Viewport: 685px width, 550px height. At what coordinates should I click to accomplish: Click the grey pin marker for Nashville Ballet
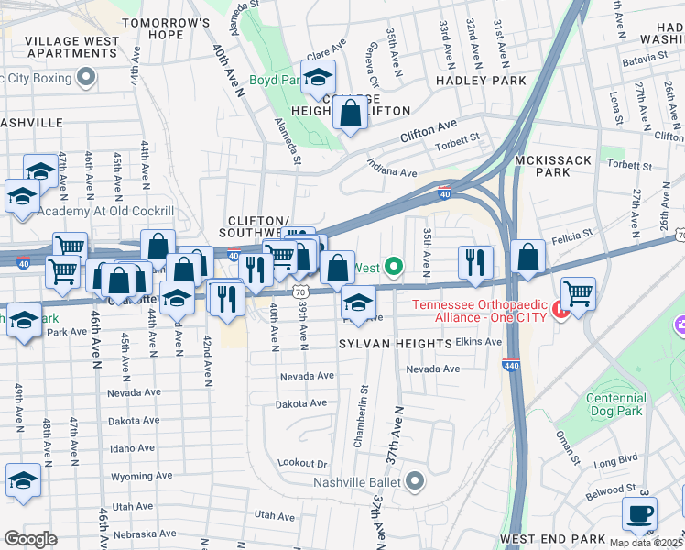416,480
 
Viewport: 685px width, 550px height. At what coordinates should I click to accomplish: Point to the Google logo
29,539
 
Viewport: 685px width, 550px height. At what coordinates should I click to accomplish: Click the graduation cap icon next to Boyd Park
318,77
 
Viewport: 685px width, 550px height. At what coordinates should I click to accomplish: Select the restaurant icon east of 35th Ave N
475,260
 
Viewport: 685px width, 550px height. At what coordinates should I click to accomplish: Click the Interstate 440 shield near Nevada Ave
509,365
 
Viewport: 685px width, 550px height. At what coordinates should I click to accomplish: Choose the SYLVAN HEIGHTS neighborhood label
396,342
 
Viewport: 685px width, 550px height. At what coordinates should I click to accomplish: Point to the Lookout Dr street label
302,465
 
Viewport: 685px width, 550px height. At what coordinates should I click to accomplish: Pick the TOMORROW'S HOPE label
166,27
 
